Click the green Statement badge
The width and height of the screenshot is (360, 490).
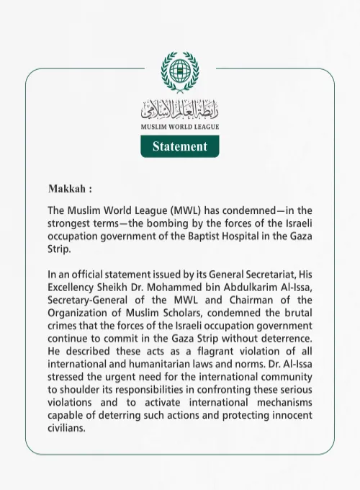[x=180, y=146]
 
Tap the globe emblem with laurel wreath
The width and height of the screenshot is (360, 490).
[x=180, y=73]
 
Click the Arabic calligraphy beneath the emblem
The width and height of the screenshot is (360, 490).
[x=180, y=110]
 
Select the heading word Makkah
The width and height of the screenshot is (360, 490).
[x=67, y=190]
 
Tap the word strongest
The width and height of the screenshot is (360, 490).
[x=71, y=223]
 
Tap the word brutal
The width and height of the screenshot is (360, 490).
[x=298, y=313]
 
